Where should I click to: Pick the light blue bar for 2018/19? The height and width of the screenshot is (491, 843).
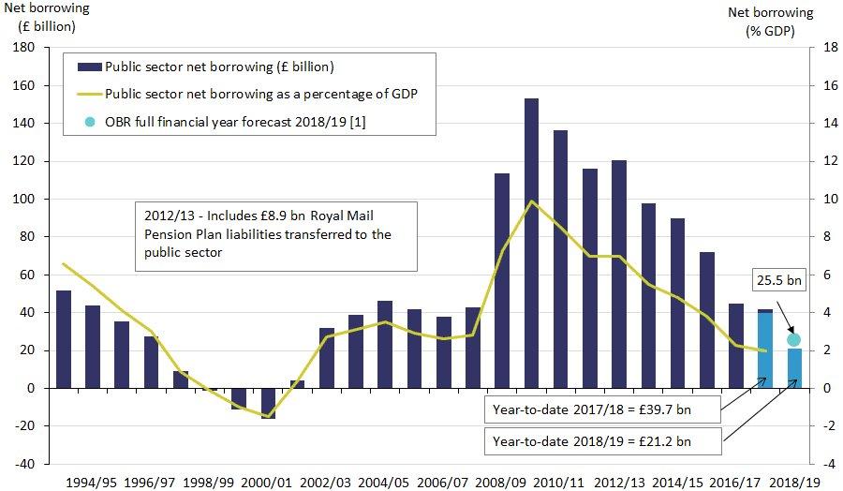pyautogui.click(x=793, y=368)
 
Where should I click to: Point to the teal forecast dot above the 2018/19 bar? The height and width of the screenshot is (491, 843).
pyautogui.click(x=793, y=340)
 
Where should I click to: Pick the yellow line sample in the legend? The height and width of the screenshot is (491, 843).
pyautogui.click(x=88, y=95)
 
